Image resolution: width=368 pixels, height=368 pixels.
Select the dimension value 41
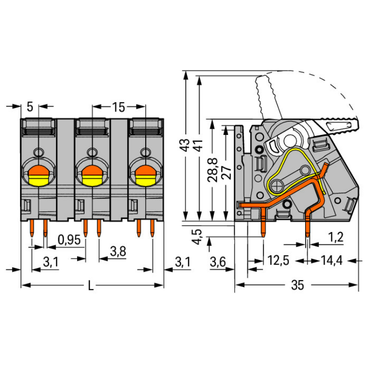tap(197, 145)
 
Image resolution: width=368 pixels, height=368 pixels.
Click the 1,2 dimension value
tap(335, 237)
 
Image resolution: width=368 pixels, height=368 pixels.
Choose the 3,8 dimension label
tap(117, 251)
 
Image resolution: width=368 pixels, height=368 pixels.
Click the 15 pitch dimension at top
tap(118, 106)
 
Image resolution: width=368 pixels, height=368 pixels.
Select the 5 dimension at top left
tap(29, 106)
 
